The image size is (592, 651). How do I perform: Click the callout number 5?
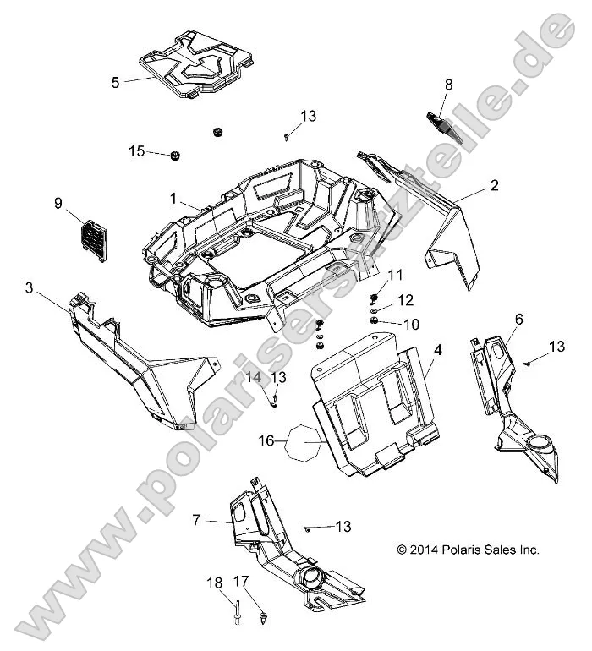click(115, 82)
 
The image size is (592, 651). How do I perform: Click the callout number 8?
click(448, 84)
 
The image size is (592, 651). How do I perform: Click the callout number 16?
click(266, 441)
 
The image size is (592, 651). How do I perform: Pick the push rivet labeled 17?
click(266, 613)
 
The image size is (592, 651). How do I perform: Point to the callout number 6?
click(518, 318)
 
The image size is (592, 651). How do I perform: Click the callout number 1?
click(173, 200)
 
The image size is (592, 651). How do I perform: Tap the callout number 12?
click(406, 300)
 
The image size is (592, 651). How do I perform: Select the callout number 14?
click(255, 377)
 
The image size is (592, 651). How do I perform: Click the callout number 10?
click(411, 324)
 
